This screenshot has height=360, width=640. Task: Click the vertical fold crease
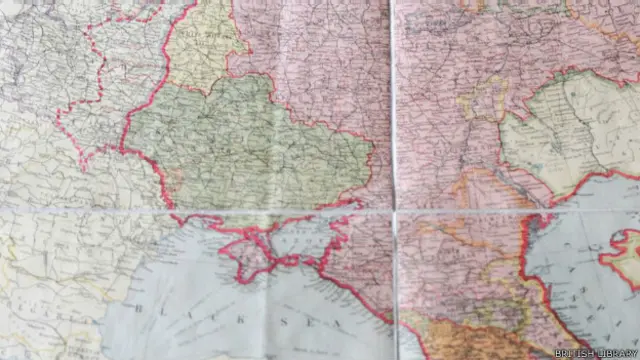(393, 100)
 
